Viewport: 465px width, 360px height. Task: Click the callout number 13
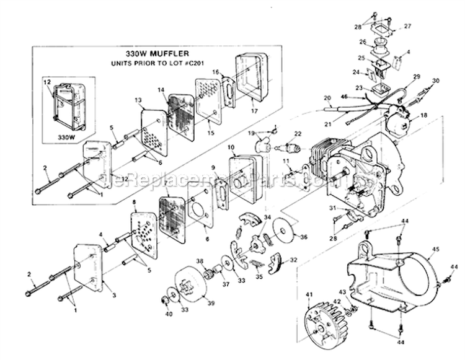pyautogui.click(x=138, y=100)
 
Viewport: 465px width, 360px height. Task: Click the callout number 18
pyautogui.click(x=423, y=116)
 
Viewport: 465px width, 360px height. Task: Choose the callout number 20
pyautogui.click(x=326, y=98)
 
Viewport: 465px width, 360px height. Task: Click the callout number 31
pyautogui.click(x=332, y=208)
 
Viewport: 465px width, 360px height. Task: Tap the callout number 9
pyautogui.click(x=213, y=168)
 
